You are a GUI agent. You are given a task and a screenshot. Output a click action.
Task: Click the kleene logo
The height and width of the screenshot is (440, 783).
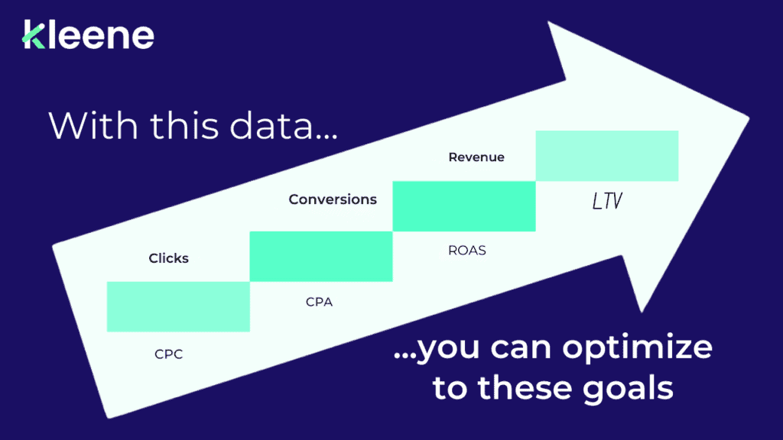point(88,36)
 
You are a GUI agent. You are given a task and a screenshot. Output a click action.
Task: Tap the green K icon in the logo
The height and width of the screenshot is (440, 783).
point(34,36)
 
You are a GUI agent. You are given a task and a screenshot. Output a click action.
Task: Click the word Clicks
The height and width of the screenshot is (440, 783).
point(169,258)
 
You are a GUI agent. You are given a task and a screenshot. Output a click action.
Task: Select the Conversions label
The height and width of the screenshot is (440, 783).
point(333,199)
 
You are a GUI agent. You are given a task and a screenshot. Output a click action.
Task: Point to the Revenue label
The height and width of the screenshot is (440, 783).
point(476,157)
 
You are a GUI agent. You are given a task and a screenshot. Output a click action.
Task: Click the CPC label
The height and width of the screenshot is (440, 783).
point(169,355)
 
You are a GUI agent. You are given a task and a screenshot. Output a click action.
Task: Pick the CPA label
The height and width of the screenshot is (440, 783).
point(319,302)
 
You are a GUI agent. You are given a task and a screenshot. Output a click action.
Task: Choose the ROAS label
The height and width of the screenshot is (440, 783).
point(466,250)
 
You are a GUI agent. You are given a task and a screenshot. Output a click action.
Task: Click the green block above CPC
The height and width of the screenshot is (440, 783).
point(178,306)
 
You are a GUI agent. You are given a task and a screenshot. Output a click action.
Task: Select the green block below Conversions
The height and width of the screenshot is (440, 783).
point(321,256)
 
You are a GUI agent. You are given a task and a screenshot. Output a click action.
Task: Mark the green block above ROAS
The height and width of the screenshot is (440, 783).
point(463,205)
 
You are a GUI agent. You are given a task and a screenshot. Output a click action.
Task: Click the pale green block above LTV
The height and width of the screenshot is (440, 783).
point(607,156)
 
